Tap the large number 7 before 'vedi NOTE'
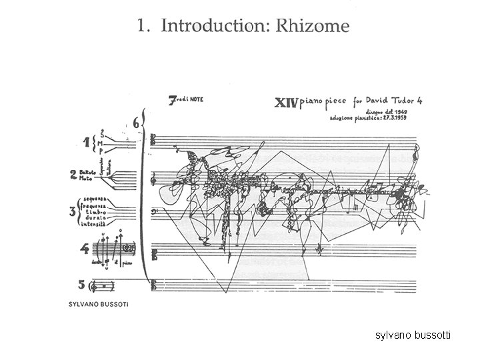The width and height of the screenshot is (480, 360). click(171, 101)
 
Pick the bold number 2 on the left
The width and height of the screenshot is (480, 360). click(73, 176)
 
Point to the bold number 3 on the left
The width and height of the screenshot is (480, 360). click(72, 213)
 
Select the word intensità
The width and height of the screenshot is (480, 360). click(93, 226)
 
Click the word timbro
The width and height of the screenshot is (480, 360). click(97, 213)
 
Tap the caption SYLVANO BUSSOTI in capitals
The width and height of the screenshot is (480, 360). click(98, 305)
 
